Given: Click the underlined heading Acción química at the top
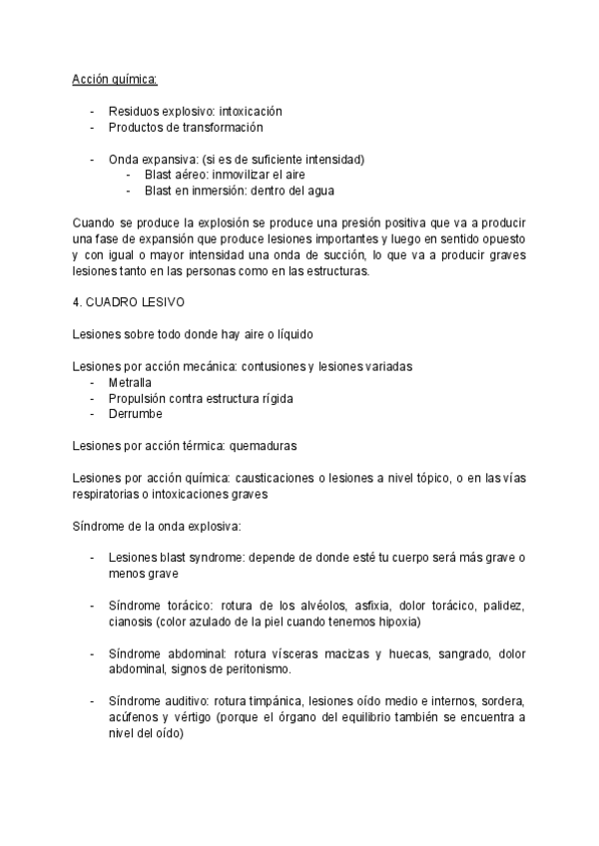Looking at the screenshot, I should pyautogui.click(x=115, y=79).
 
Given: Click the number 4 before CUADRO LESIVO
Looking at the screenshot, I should pyautogui.click(x=78, y=303).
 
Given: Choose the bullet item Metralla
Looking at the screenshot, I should pyautogui.click(x=129, y=382).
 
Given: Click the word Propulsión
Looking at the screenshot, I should pyautogui.click(x=138, y=398).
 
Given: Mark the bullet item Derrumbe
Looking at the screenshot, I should pyautogui.click(x=135, y=414).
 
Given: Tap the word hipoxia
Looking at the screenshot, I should pyautogui.click(x=397, y=622).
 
